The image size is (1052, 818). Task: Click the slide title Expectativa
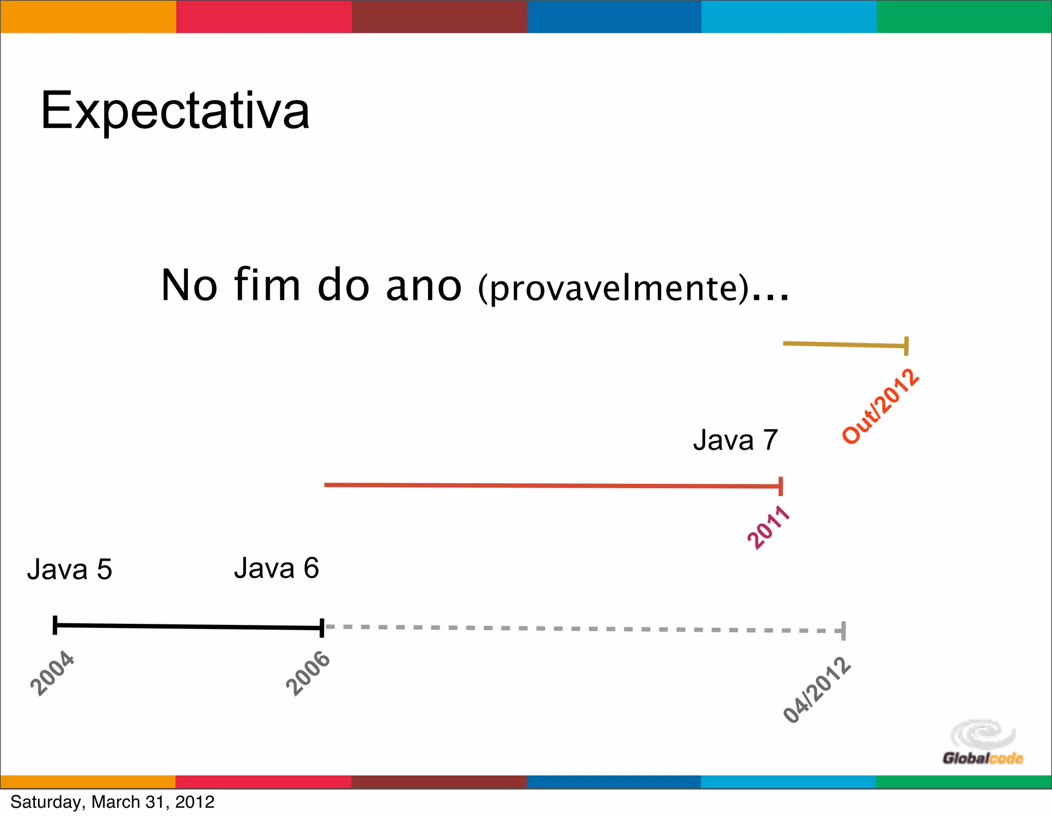[x=175, y=110]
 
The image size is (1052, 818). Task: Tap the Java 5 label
[x=69, y=569]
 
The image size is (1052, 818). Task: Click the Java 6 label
[x=276, y=568]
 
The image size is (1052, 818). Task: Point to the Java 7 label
[x=735, y=440]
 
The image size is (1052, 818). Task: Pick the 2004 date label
[x=52, y=673]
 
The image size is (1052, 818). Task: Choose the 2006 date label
[x=308, y=673]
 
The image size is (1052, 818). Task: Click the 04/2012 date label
[x=817, y=690]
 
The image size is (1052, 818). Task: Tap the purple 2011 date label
[x=768, y=527]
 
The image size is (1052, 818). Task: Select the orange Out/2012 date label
[x=880, y=406]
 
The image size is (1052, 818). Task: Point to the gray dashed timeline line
[x=580, y=629]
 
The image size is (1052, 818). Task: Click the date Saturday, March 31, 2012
[x=112, y=802]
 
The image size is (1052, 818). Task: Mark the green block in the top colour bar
[x=964, y=16]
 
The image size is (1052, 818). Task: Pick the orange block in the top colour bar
[x=88, y=16]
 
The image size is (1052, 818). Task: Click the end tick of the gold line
[x=907, y=346]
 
